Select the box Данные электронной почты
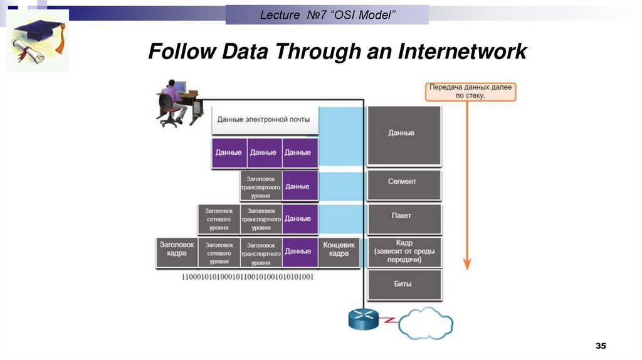(x=263, y=119)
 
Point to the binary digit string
(x=248, y=277)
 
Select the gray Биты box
(x=403, y=283)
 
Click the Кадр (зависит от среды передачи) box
(x=404, y=251)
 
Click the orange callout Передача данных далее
(x=470, y=92)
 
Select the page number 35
(x=601, y=346)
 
